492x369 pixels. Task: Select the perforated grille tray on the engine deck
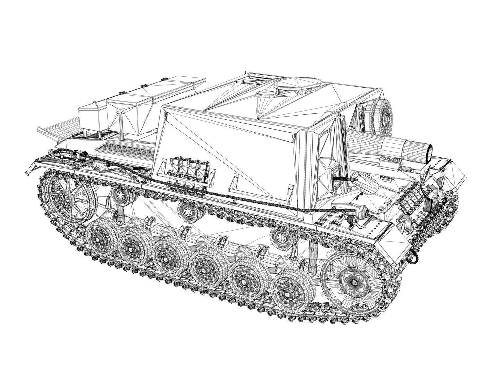coord(126,150)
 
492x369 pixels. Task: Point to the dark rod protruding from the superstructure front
coord(343,179)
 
